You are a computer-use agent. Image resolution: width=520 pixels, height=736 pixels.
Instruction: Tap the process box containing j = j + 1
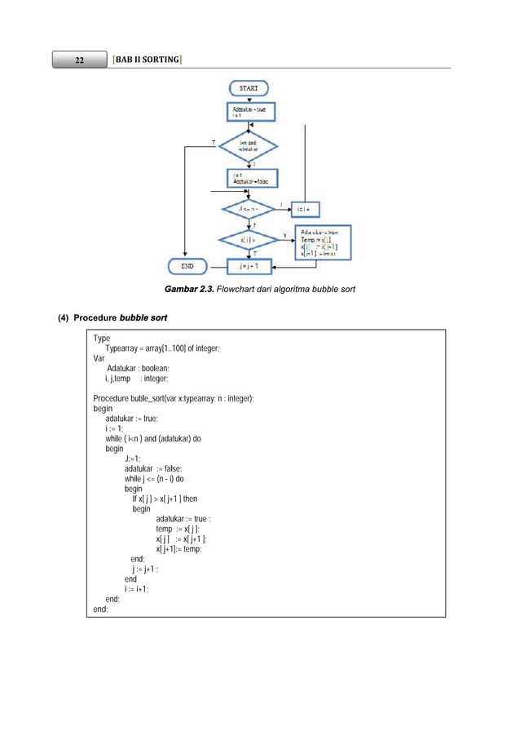(x=248, y=266)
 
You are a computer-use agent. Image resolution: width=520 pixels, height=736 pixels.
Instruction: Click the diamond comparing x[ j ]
(x=248, y=241)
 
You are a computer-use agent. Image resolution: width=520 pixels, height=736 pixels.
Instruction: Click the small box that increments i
(x=306, y=209)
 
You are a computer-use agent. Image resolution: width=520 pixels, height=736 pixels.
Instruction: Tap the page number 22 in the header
(x=80, y=60)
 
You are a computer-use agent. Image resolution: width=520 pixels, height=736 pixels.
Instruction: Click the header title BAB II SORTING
(x=148, y=60)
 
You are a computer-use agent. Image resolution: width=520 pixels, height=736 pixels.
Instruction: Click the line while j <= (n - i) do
(x=165, y=479)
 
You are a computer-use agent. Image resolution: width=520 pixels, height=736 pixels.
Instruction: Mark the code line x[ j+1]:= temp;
(x=179, y=548)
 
